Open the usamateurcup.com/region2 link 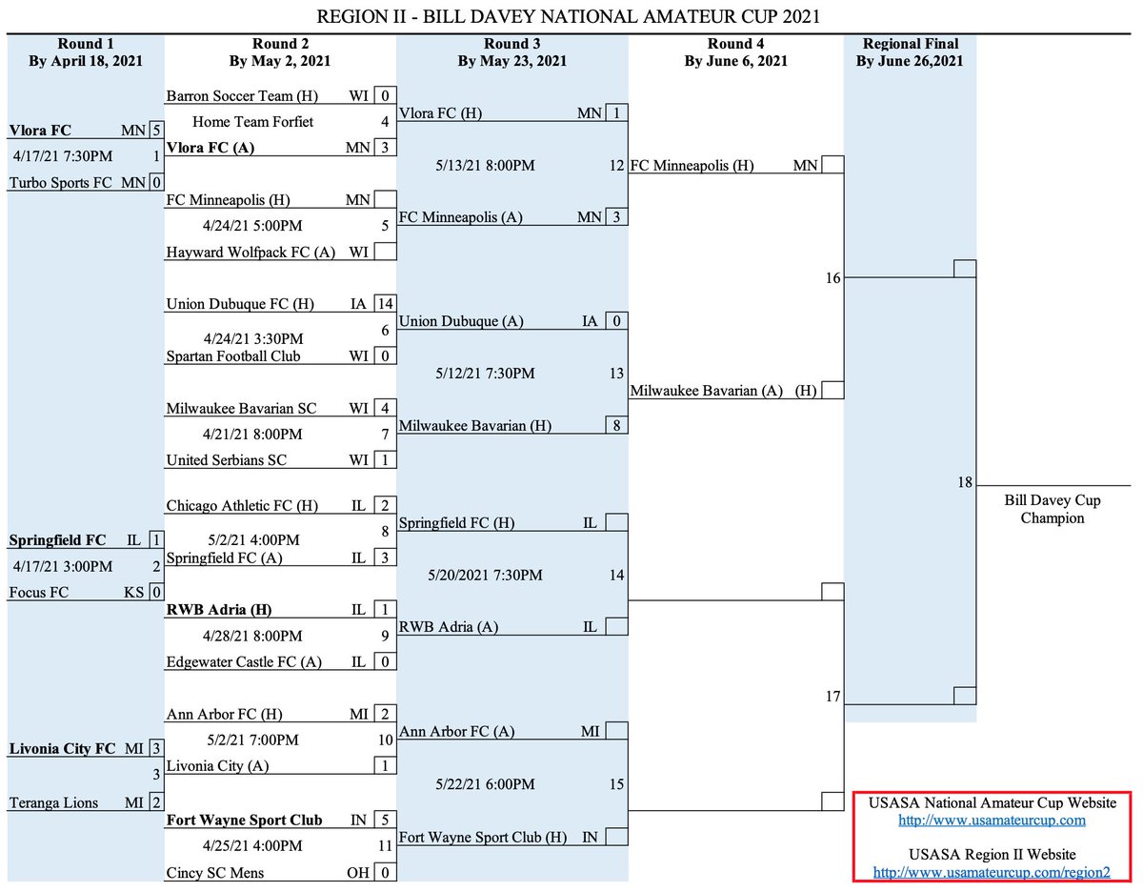coord(992,872)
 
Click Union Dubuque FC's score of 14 coord(385,304)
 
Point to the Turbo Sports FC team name coord(61,182)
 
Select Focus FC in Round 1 coord(39,592)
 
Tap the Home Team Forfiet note coord(252,122)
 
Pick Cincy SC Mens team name coord(215,872)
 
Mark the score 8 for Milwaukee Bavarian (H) coord(616,425)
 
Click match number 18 coord(965,483)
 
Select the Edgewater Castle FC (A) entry coord(244,662)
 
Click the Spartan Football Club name coord(233,355)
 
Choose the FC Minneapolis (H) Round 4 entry coord(692,166)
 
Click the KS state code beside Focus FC coord(134,592)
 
